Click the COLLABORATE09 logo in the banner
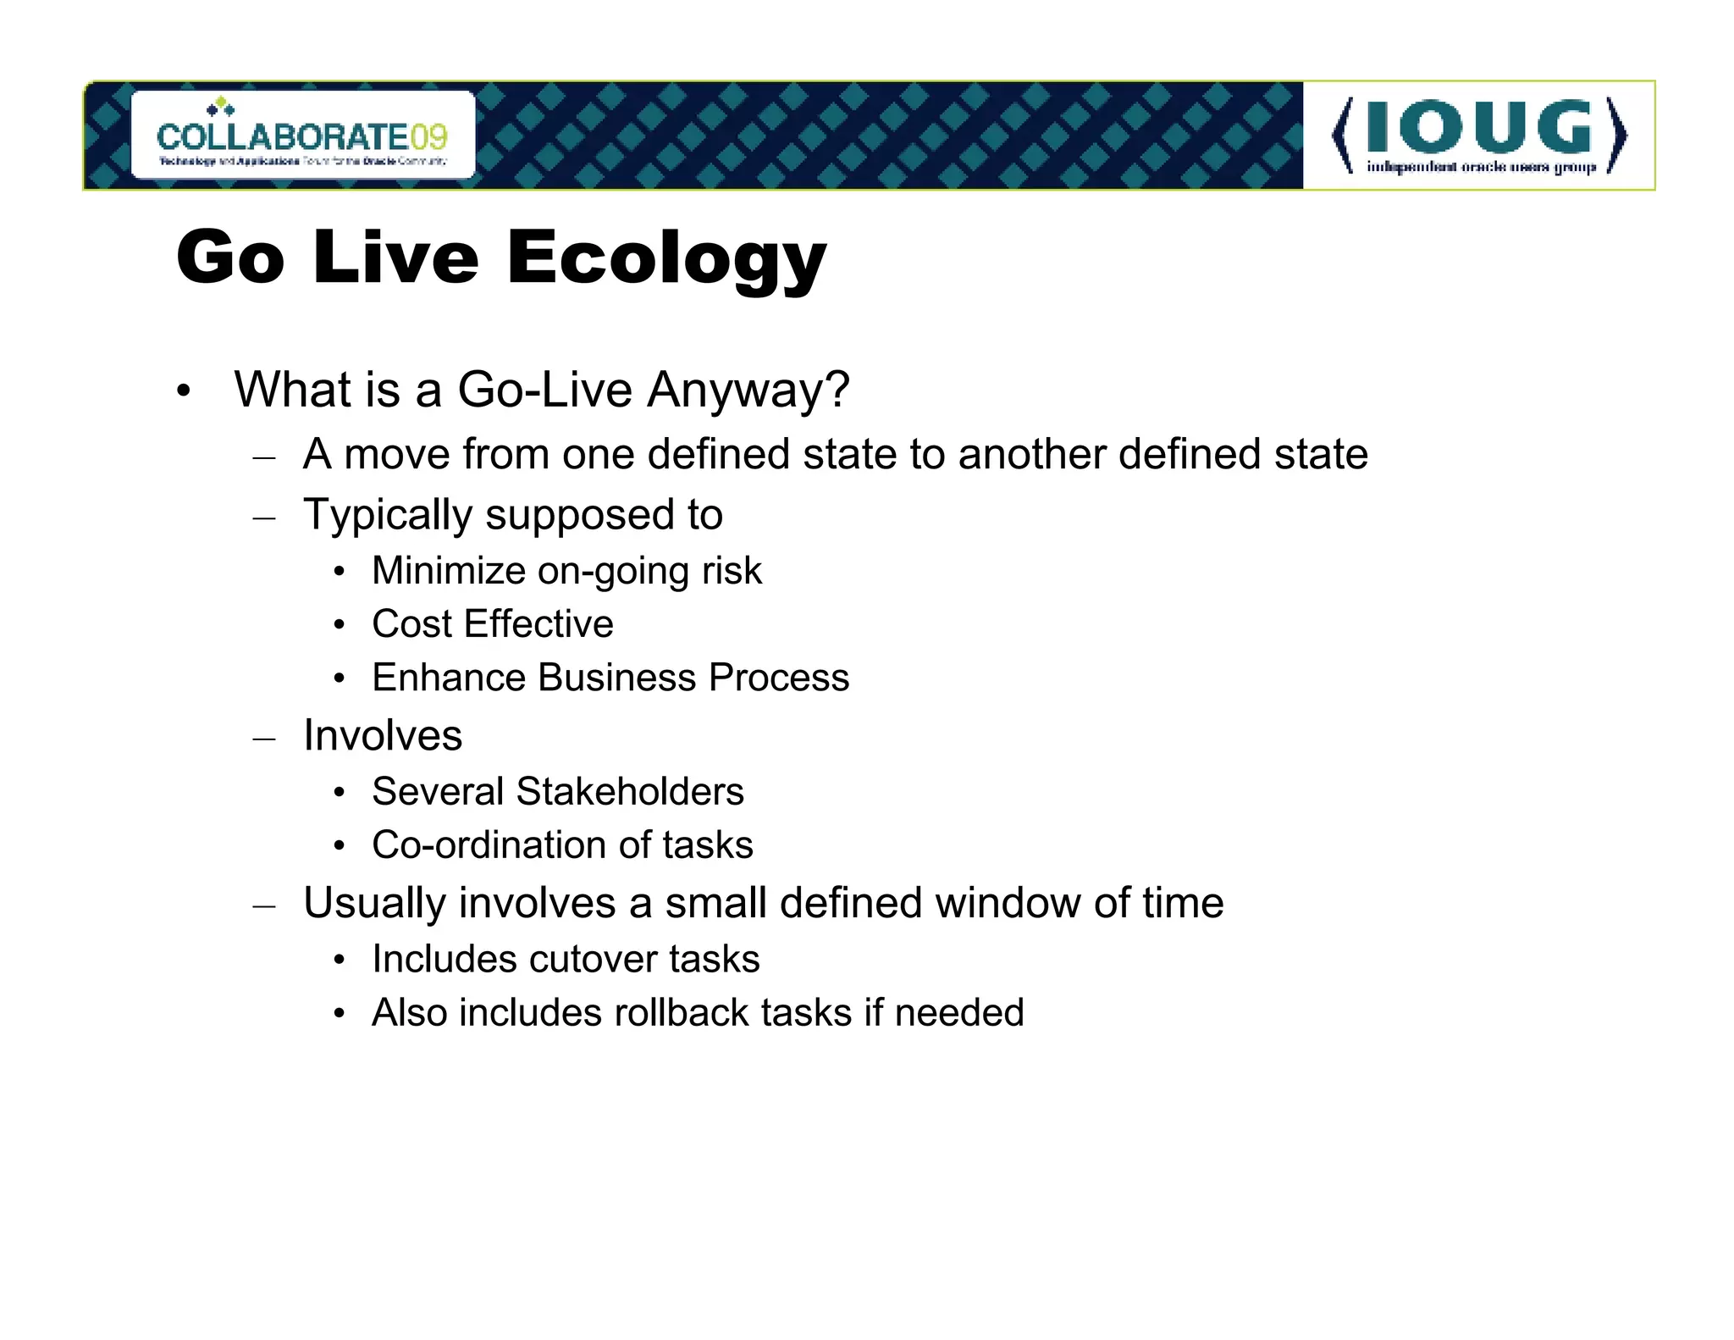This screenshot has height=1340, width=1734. (x=302, y=136)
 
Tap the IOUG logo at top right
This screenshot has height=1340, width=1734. (x=1478, y=136)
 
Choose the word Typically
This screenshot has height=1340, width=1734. (x=387, y=516)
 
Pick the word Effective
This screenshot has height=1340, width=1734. (x=538, y=624)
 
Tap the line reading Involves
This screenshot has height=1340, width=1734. (x=383, y=735)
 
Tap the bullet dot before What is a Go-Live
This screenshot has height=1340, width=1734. (x=184, y=392)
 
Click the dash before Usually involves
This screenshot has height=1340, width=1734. (x=264, y=905)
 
